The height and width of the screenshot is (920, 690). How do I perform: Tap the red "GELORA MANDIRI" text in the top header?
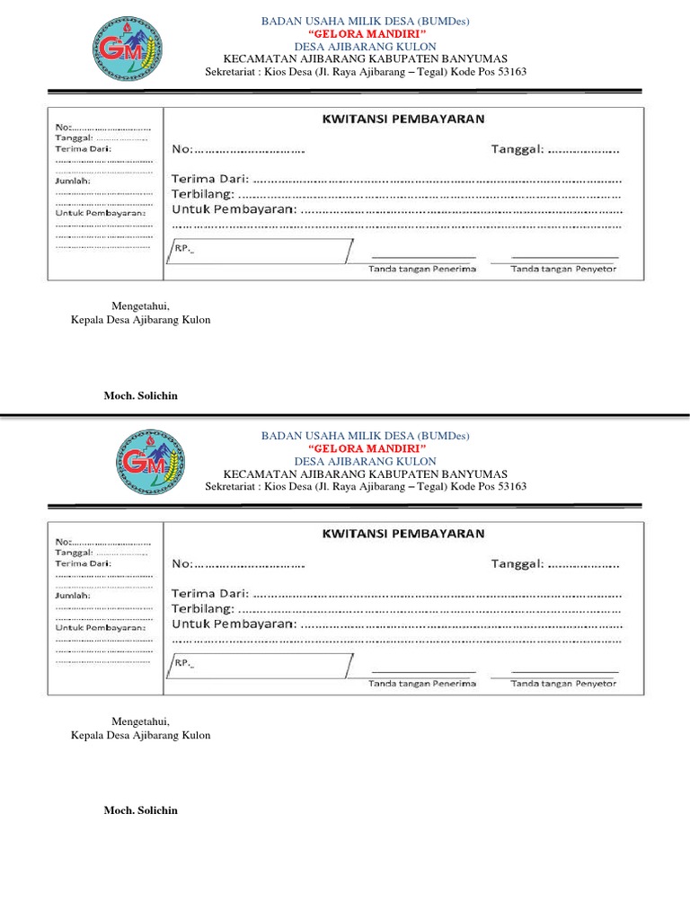(x=366, y=33)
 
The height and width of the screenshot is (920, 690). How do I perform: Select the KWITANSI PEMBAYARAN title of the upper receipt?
(x=403, y=118)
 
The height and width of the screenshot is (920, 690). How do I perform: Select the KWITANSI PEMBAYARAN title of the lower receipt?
(x=403, y=533)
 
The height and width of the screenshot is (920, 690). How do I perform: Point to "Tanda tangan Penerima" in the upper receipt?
(x=422, y=269)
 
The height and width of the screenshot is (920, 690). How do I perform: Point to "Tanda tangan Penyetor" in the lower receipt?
(x=563, y=684)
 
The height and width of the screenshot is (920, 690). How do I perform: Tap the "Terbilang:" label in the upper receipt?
(x=203, y=194)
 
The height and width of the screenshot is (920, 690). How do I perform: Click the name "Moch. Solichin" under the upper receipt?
(x=141, y=395)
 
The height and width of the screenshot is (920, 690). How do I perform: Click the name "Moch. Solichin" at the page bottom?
(x=141, y=810)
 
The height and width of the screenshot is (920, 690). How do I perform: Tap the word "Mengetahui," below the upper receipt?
(x=140, y=306)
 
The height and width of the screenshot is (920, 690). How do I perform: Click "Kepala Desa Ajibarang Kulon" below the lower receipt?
(x=141, y=735)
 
